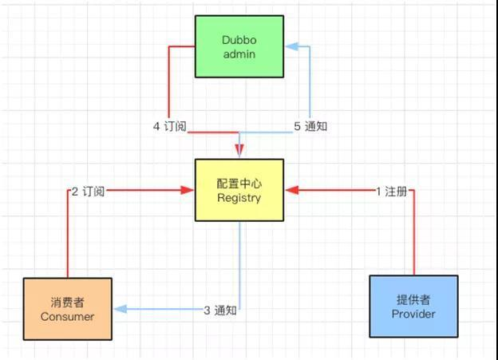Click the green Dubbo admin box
coord(239,46)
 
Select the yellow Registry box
coord(239,190)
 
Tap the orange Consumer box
coord(67,309)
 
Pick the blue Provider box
coord(413,307)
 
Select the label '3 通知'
coord(219,311)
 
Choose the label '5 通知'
coord(310,125)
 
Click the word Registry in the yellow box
coord(239,197)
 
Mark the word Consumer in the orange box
coord(67,316)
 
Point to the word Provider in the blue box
coord(413,314)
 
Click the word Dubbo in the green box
coord(239,39)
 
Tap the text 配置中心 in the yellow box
coord(239,183)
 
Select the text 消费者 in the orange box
coord(67,302)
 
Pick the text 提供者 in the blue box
coord(413,299)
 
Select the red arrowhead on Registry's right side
coord(290,190)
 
